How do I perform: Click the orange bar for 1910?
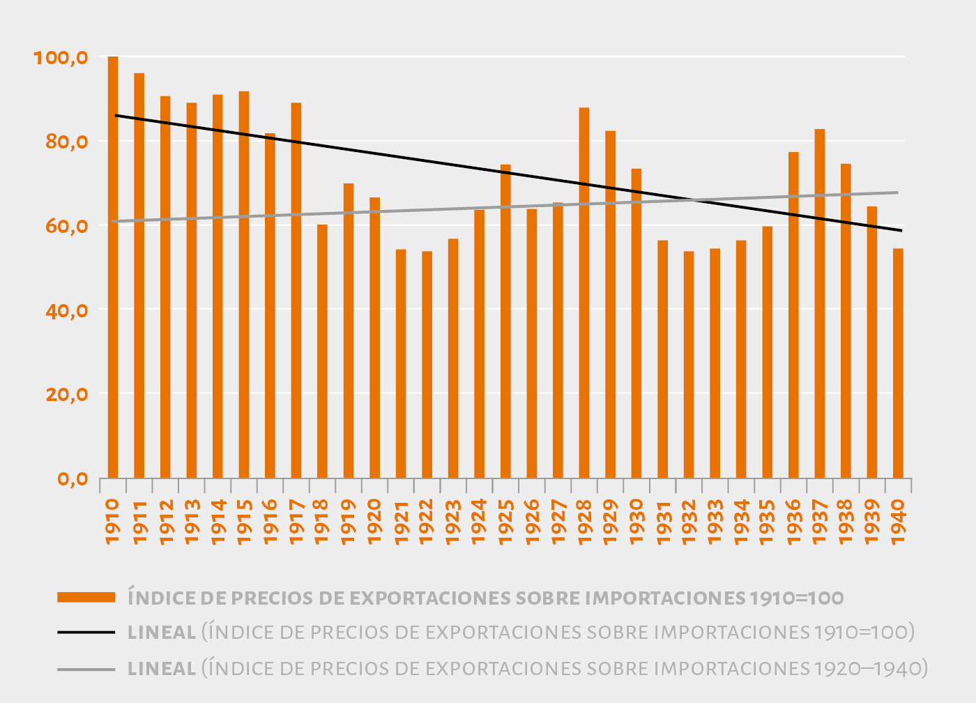[x=113, y=267]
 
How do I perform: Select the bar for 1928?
[x=584, y=293]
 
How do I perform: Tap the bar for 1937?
[x=820, y=303]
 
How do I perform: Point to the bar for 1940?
[x=898, y=363]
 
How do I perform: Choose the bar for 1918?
[x=322, y=351]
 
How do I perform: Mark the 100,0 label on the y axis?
[x=61, y=57]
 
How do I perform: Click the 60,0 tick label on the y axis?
[x=67, y=226]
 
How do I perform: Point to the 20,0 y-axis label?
[x=67, y=394]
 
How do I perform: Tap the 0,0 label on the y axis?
[x=73, y=479]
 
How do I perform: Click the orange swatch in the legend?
[x=86, y=597]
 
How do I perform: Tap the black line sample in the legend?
[x=86, y=633]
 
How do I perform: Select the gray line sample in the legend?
[x=86, y=669]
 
